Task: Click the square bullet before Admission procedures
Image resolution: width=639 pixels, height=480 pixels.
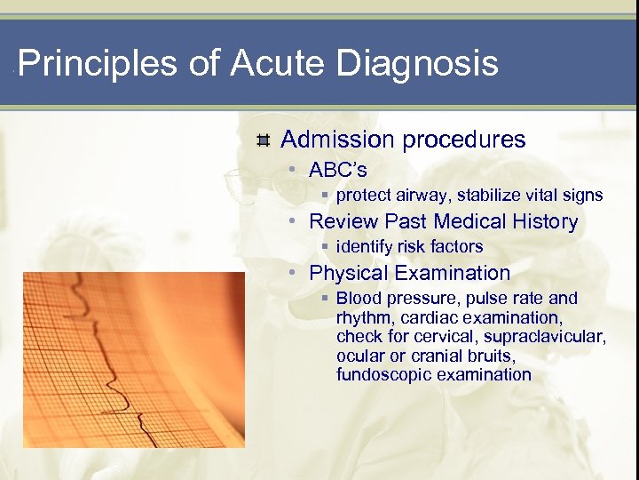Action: [x=263, y=140]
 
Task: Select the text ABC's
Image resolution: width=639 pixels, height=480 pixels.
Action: [x=337, y=170]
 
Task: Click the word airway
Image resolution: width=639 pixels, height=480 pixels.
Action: [x=422, y=196]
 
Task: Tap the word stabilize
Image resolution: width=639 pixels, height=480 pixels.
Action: [x=493, y=196]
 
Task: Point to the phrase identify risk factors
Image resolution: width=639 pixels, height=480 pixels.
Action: [x=409, y=247]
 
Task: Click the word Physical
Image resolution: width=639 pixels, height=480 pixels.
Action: [x=349, y=273]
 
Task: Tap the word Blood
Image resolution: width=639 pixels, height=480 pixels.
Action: [x=358, y=299]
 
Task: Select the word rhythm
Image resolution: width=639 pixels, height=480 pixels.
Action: [x=364, y=318]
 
